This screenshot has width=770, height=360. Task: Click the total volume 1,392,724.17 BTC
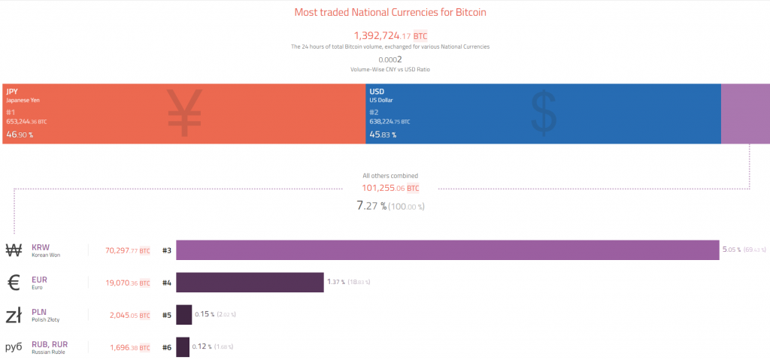(x=390, y=35)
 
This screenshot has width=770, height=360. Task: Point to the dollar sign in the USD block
(x=544, y=113)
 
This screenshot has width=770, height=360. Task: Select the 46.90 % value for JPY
(x=20, y=135)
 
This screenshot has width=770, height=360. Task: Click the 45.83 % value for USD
(x=383, y=135)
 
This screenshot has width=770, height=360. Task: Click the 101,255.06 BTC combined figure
(x=390, y=188)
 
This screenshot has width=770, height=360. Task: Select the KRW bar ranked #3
(x=447, y=250)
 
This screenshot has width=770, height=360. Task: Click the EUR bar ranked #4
(x=250, y=282)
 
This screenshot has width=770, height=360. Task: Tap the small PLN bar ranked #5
(x=183, y=314)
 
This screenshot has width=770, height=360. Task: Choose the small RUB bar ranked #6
(x=183, y=346)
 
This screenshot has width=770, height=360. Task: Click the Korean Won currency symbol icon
(x=14, y=250)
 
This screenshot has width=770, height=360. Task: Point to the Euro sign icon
(x=14, y=283)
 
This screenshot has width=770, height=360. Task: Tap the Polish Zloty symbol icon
(x=14, y=315)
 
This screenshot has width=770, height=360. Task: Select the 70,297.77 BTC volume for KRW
(x=128, y=250)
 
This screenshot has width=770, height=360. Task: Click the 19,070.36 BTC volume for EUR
(x=128, y=283)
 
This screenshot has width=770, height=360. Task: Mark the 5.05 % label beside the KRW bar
(x=731, y=250)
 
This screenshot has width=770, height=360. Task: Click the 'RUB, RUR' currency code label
(x=49, y=343)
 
